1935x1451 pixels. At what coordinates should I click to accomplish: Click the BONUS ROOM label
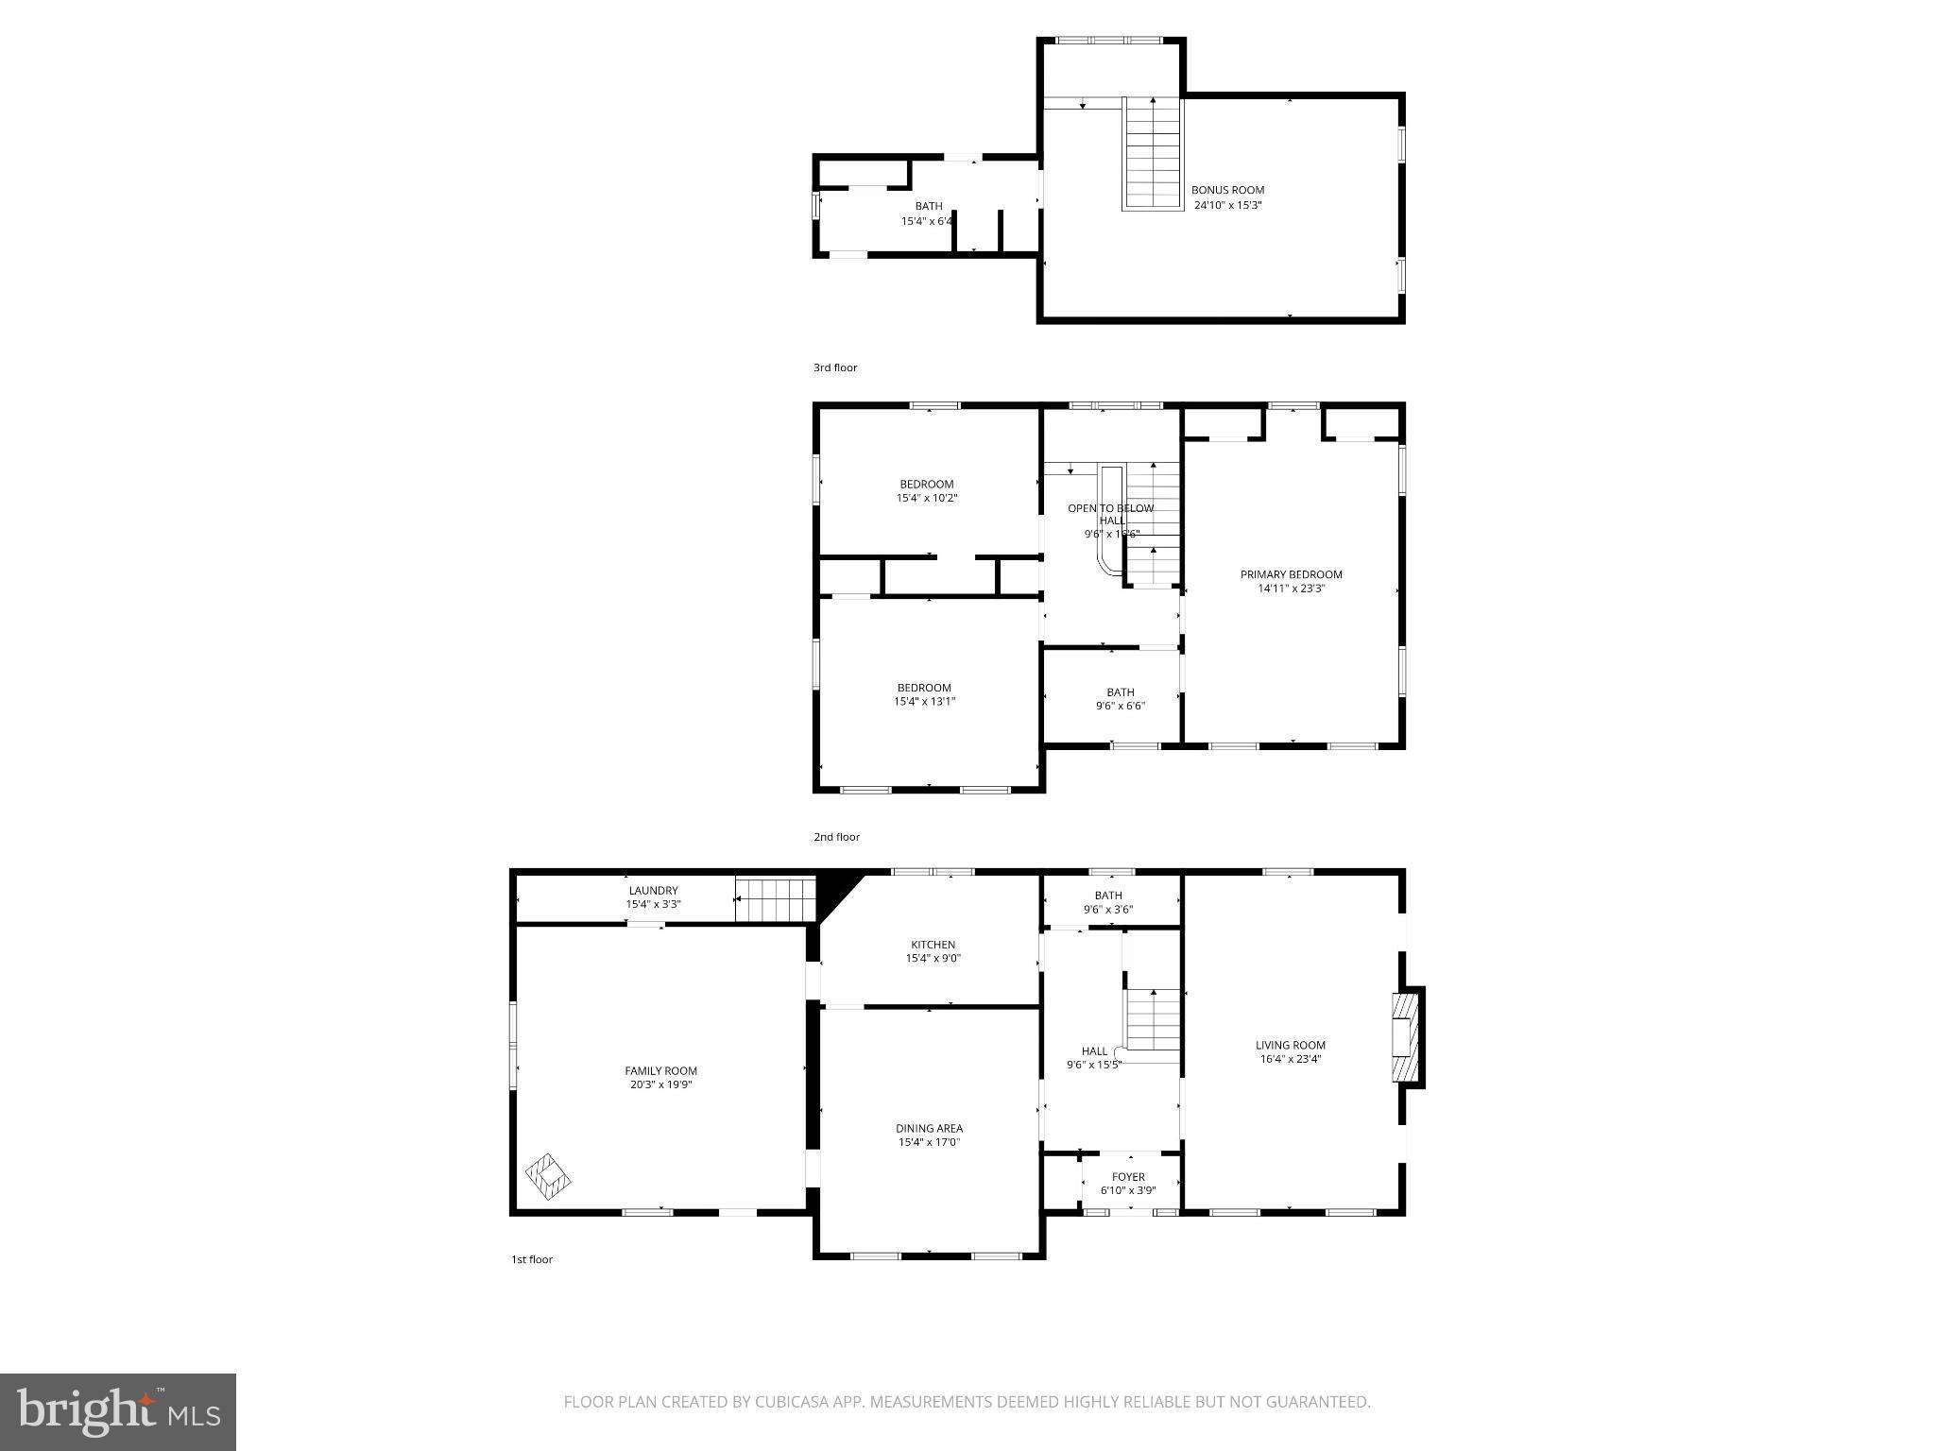point(1227,190)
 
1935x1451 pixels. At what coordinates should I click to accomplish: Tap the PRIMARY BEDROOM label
point(1291,574)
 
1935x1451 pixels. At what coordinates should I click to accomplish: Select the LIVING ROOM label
point(1290,1045)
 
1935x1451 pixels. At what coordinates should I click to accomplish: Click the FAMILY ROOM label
point(660,1071)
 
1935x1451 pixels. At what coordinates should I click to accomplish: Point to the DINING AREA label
point(929,1128)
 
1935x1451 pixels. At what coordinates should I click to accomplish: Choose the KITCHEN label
point(933,945)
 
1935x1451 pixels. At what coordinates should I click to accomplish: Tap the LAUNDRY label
point(653,891)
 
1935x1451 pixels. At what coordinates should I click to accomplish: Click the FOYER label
point(1128,1177)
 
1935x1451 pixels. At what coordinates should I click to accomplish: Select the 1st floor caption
point(532,1259)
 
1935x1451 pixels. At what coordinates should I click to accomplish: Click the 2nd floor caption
point(836,837)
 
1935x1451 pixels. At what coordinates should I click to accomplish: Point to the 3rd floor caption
point(835,367)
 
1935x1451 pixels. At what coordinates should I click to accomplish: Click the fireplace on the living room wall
point(1408,1036)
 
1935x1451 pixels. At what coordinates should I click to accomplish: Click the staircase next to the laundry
point(775,899)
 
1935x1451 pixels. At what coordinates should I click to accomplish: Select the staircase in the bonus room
point(1153,153)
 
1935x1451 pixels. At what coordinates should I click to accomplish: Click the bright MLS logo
point(118,1411)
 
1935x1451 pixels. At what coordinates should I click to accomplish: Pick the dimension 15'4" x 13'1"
point(924,701)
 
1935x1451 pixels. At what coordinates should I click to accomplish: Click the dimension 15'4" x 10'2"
point(926,498)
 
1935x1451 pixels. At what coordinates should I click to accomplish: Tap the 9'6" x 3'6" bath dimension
point(1108,910)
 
